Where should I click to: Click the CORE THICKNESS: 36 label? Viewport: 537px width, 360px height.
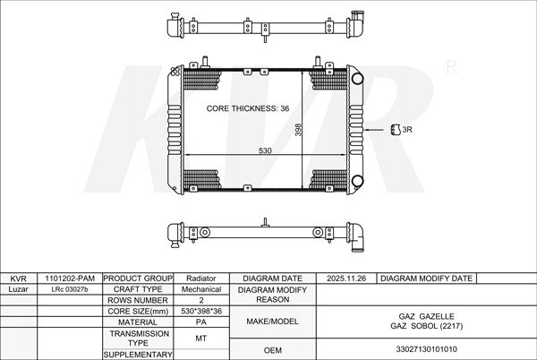[248, 108]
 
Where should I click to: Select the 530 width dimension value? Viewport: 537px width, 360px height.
[265, 150]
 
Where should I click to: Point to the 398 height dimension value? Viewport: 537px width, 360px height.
[298, 130]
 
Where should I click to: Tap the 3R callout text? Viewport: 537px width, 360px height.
[407, 130]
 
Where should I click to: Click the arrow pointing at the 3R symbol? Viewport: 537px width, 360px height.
[374, 130]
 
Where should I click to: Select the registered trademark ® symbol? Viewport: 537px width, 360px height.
[451, 67]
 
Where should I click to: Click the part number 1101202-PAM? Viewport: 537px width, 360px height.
[70, 279]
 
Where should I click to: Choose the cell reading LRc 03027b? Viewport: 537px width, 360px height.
[70, 289]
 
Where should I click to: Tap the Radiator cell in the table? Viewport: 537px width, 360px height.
[201, 279]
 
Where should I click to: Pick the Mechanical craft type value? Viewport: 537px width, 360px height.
[201, 289]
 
